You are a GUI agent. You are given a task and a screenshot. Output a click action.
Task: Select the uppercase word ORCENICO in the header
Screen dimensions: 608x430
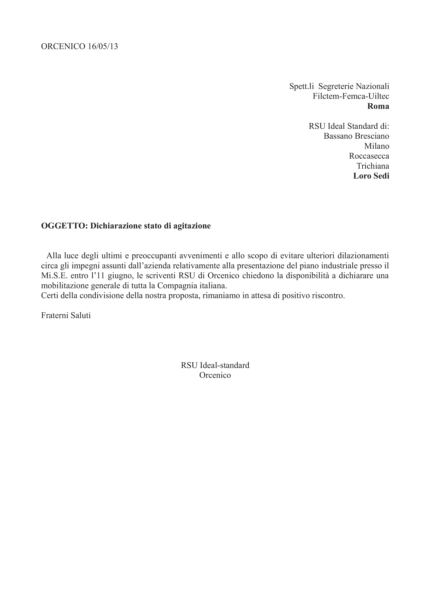[63, 47]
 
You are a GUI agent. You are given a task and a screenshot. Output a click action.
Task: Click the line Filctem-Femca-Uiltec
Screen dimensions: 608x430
[351, 96]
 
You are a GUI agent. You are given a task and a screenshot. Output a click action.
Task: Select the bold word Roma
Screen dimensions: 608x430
[378, 106]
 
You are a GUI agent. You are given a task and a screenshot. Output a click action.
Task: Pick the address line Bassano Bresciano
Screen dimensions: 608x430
[356, 136]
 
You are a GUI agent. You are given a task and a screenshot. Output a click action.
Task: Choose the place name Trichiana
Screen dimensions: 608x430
[373, 166]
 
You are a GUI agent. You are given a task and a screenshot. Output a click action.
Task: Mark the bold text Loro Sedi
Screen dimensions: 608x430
[371, 176]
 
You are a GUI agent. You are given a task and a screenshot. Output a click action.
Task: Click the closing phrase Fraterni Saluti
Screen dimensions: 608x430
[66, 315]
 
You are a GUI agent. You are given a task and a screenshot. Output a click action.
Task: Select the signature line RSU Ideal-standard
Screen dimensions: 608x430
[215, 365]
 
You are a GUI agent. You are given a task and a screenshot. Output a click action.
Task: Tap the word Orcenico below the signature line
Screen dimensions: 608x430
[215, 375]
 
